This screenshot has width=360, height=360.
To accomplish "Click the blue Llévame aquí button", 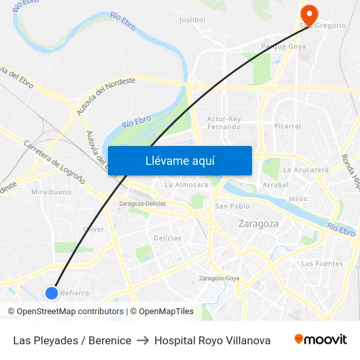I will (179, 161).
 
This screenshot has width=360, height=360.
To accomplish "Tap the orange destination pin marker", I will (308, 14).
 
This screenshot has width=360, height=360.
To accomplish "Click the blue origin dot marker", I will (52, 293).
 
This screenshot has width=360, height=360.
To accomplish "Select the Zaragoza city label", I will (259, 224).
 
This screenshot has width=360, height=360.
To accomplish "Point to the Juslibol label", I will (192, 20).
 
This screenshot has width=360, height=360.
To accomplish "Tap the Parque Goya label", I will (283, 46).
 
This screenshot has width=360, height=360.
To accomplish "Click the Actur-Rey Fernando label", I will (224, 122).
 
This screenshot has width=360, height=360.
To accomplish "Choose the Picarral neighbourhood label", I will (288, 126).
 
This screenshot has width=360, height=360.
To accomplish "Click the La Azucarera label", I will (306, 170).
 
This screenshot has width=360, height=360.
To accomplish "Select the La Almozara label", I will (187, 185).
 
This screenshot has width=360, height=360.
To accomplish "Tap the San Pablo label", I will (232, 206).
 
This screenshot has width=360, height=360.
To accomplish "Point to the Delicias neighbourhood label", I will (168, 238).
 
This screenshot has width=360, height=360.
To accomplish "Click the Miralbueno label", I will (51, 192).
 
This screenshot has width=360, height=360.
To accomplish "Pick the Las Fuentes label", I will (322, 264).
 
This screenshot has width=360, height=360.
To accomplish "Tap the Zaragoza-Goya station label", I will (219, 278).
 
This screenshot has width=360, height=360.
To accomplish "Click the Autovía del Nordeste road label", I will (105, 96).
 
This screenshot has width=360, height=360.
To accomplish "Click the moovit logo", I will (320, 340).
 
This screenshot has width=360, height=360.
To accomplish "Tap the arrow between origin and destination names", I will (143, 340).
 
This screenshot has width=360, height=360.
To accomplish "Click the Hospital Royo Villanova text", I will (212, 340).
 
